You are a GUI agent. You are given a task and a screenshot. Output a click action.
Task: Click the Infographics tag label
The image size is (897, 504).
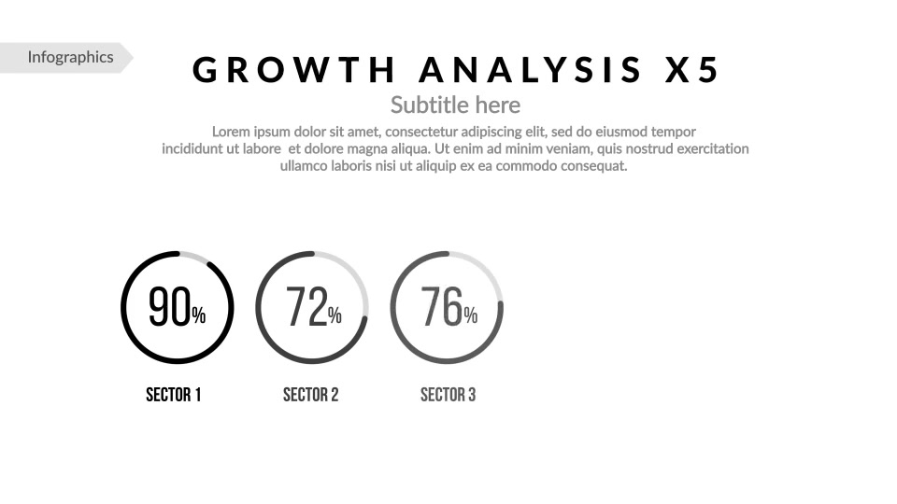point(70,57)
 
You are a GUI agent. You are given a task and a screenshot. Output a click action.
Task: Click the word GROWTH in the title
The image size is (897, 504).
point(294,70)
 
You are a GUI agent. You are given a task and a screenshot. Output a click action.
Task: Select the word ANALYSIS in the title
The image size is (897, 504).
point(531,70)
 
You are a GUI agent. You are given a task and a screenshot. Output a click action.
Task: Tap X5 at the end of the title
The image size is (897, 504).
point(692,70)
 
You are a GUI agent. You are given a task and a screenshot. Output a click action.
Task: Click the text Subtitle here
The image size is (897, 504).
point(455,105)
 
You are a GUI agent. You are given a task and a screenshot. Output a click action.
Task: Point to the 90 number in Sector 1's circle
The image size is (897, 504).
point(169,307)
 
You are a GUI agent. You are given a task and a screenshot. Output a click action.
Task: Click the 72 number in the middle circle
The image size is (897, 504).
point(306,307)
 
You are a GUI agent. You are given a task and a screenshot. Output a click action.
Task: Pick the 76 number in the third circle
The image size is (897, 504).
point(442,307)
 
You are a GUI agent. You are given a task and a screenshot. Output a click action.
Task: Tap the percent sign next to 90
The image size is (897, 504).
point(198,315)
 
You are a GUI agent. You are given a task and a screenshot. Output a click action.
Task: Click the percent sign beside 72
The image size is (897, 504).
point(335,315)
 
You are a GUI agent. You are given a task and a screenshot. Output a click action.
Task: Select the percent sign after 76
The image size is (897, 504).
point(470,315)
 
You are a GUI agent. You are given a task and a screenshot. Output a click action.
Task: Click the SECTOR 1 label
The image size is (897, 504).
point(174,395)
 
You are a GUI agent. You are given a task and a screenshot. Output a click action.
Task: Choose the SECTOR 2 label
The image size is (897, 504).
point(310,395)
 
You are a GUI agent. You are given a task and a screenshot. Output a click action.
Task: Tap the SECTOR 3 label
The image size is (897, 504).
point(448,395)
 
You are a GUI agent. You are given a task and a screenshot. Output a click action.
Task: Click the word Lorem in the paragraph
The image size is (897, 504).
point(231,132)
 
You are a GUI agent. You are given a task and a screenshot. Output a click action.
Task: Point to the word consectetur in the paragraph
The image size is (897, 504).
point(421,132)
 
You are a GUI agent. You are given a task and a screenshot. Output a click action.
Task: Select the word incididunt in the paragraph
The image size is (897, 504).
point(192,149)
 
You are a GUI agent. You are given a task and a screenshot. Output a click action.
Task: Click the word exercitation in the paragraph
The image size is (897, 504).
point(713,149)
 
